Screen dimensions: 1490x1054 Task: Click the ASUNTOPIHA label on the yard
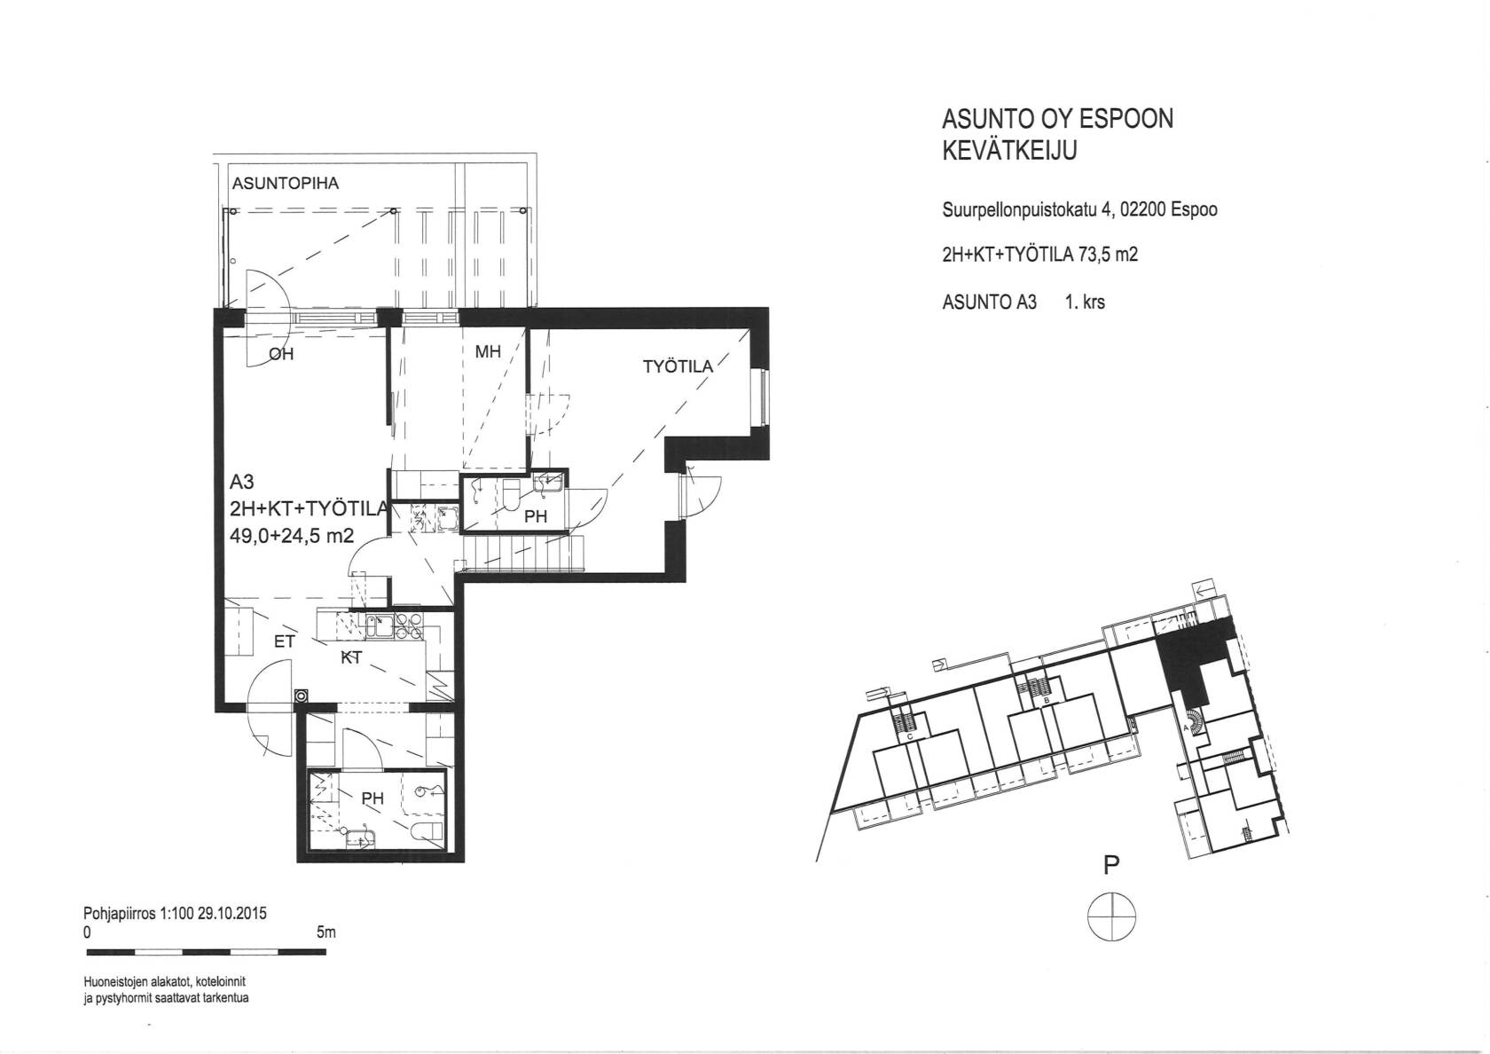click(x=285, y=183)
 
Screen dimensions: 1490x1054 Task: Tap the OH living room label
click(x=280, y=354)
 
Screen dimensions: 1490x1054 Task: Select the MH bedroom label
click(x=488, y=352)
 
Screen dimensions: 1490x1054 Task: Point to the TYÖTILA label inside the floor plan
click(x=678, y=366)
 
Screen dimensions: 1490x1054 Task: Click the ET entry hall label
click(x=284, y=642)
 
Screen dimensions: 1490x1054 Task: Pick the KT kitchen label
click(x=351, y=657)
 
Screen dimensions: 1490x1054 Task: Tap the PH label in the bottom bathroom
click(x=372, y=798)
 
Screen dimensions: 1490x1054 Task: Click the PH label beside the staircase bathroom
click(x=536, y=515)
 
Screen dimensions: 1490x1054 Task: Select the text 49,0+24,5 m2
click(x=291, y=536)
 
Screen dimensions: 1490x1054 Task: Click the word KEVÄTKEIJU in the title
click(x=1009, y=152)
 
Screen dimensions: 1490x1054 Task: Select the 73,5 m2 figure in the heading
click(x=1108, y=254)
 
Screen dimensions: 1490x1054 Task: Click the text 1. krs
click(x=1085, y=302)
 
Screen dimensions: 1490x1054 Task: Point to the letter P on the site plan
click(x=1111, y=865)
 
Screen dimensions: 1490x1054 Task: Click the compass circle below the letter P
click(x=1111, y=893)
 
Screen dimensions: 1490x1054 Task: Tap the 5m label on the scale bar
click(x=326, y=933)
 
